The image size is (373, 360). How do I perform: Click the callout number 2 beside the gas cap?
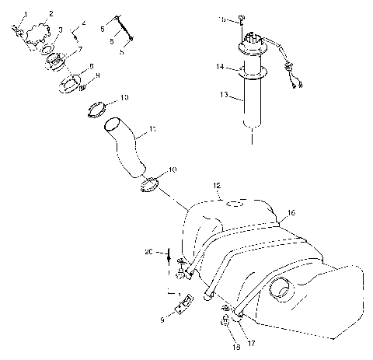point(52,14)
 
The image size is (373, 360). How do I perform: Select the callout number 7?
point(78,50)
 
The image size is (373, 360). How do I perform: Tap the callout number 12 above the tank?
point(218,184)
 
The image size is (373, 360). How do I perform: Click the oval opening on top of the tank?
point(232,204)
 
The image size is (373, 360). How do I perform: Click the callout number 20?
point(148,251)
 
